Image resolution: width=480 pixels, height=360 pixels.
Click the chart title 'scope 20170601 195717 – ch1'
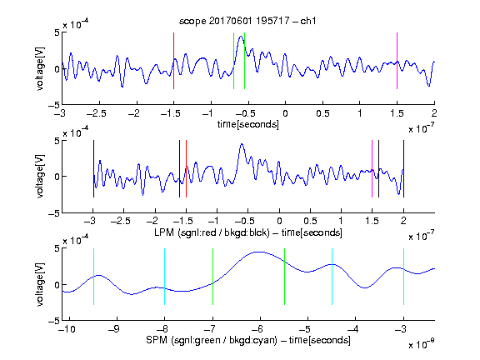click(247, 21)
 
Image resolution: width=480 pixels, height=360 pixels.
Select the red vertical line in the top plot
click(173, 61)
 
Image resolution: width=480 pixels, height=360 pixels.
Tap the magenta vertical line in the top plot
click(397, 61)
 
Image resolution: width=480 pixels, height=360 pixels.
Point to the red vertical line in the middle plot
click(186, 168)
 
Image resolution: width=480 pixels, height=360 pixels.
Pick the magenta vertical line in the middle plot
click(372, 168)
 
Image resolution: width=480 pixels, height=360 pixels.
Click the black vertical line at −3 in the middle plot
click(93, 168)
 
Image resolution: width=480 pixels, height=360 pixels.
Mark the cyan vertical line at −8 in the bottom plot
click(165, 277)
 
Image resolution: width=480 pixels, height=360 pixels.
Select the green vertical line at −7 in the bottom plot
click(212, 277)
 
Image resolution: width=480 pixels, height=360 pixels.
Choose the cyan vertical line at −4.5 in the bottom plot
click(332, 277)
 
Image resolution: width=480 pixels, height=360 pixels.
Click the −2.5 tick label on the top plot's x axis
click(97, 113)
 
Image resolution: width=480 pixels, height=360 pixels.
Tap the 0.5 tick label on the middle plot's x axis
click(310, 221)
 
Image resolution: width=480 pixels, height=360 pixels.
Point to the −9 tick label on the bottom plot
click(114, 329)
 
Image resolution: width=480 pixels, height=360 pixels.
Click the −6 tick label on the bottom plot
click(257, 329)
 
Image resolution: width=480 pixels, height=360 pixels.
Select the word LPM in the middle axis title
click(164, 232)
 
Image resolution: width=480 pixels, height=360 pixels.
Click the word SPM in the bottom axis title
click(156, 340)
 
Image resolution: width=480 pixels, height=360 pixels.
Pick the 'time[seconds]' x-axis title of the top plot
click(248, 124)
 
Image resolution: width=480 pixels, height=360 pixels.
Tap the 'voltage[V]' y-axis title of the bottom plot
click(40, 284)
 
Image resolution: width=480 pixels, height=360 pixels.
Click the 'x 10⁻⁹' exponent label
click(421, 344)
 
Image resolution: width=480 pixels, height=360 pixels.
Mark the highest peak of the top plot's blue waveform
click(241, 37)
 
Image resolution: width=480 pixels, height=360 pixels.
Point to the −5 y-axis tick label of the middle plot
click(54, 213)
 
